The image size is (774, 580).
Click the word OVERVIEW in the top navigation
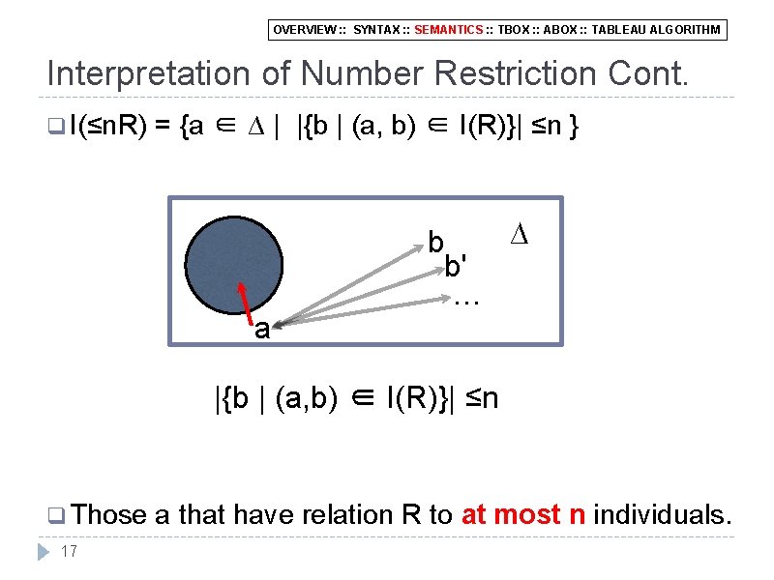[x=300, y=30]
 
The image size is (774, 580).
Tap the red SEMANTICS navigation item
[x=449, y=30]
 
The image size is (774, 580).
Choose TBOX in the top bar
[x=514, y=30]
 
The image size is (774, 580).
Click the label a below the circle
[x=261, y=330]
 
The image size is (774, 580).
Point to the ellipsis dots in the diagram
[x=466, y=301]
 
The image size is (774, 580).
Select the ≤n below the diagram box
[x=481, y=397]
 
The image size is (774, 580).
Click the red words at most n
[x=523, y=515]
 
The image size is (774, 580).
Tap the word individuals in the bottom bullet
[x=661, y=515]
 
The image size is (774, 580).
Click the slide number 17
[x=69, y=551]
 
